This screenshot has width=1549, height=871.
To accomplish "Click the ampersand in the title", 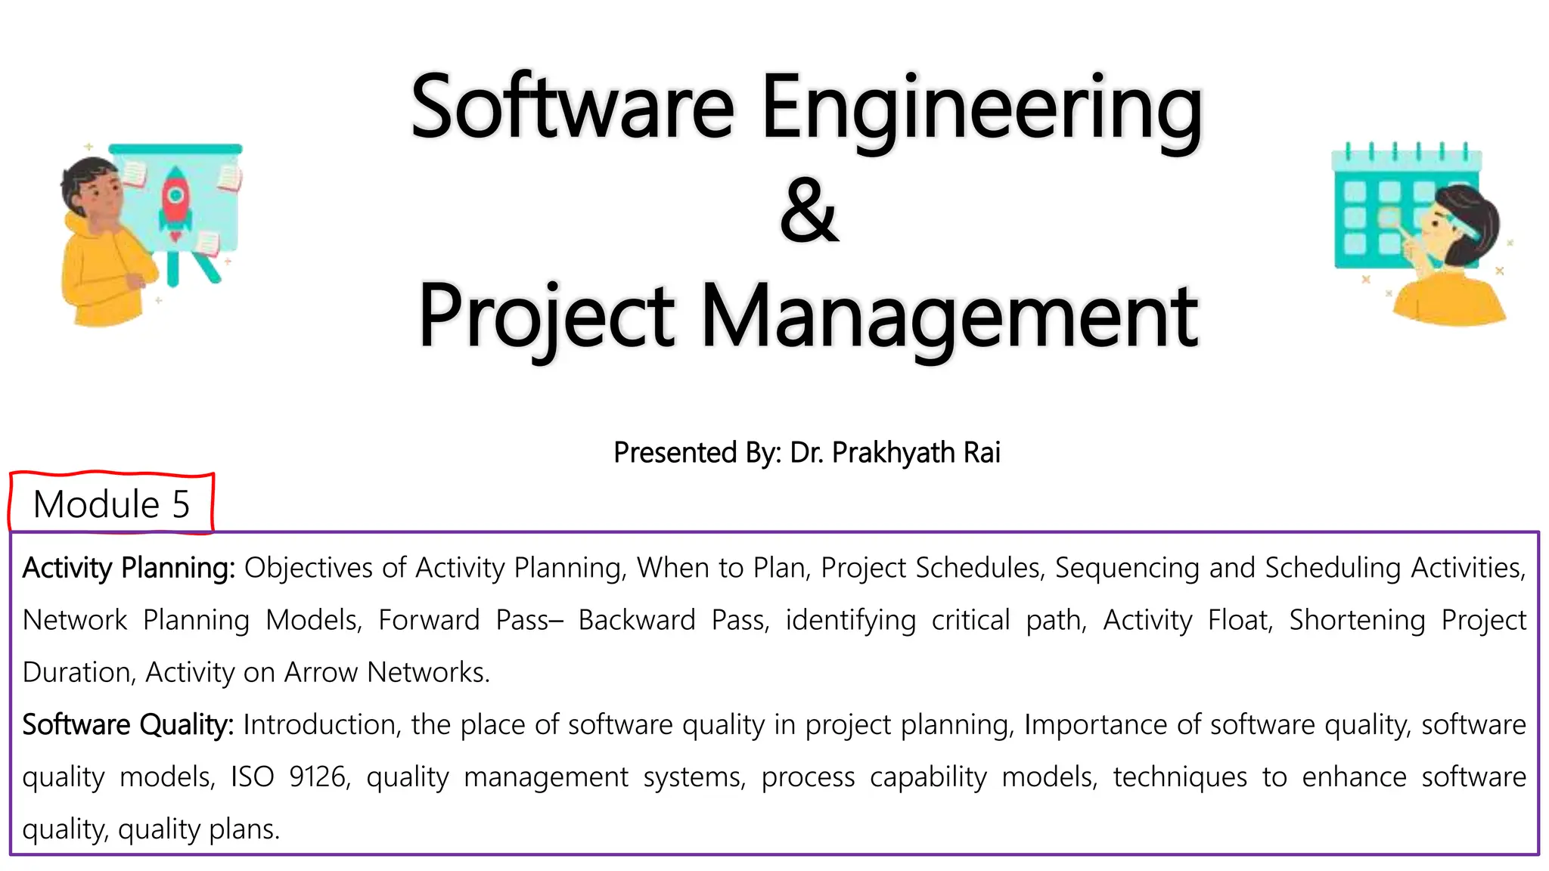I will [x=809, y=212].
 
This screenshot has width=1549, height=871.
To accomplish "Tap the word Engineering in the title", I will [x=982, y=108].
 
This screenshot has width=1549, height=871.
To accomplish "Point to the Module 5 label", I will [x=111, y=504].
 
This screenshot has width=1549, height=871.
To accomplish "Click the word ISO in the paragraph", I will [x=252, y=776].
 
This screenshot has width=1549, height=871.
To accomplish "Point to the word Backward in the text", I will [x=636, y=620].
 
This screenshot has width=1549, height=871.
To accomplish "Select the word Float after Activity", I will [x=1240, y=620].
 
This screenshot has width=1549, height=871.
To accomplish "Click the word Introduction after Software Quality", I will [x=319, y=724].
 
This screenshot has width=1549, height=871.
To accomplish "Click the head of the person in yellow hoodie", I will [x=91, y=189].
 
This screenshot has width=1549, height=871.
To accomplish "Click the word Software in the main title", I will [x=573, y=108].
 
